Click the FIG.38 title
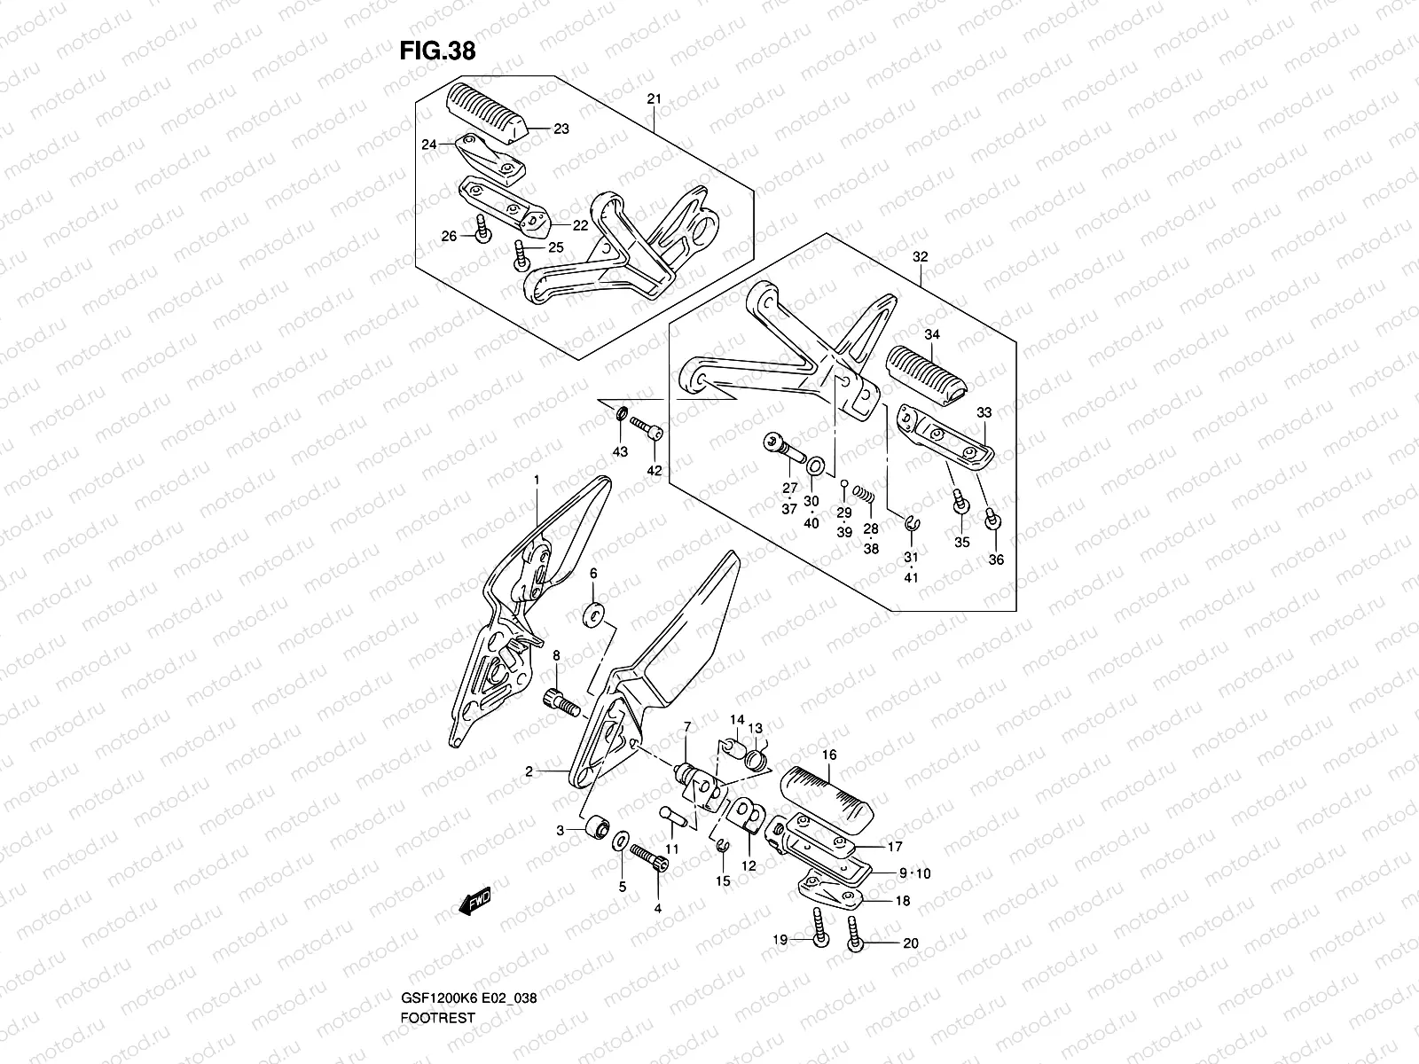tap(437, 51)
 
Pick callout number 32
tap(920, 257)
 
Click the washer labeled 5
tap(622, 838)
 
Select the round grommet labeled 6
tap(593, 614)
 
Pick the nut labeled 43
tap(621, 413)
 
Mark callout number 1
tap(537, 480)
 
